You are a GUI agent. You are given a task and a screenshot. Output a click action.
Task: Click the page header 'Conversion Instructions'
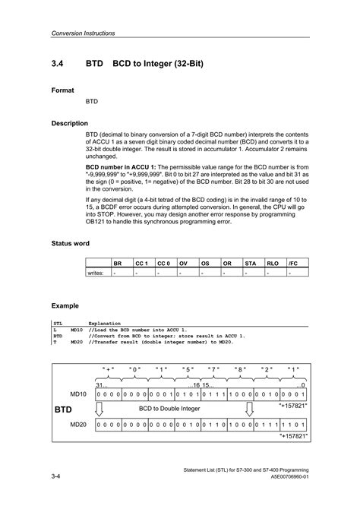(x=81, y=33)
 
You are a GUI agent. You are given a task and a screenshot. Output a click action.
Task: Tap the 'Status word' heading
(x=71, y=243)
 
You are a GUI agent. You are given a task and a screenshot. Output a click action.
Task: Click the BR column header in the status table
(x=118, y=263)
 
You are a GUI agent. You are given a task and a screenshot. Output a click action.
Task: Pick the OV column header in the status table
(x=183, y=263)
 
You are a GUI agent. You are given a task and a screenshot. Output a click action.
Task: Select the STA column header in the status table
(x=250, y=263)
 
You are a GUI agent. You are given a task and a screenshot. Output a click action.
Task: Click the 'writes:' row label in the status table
(x=96, y=272)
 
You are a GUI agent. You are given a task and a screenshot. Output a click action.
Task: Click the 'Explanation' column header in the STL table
(x=106, y=323)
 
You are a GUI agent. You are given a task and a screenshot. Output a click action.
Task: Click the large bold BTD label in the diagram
(x=65, y=409)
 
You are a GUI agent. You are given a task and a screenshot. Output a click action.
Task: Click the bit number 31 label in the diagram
(x=101, y=385)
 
